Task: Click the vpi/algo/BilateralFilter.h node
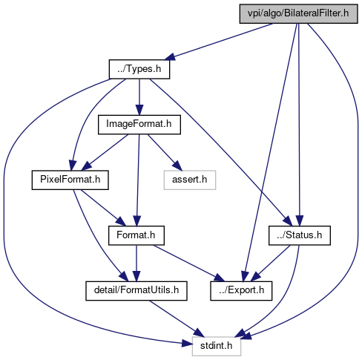click(x=298, y=14)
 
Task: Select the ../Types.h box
click(x=139, y=69)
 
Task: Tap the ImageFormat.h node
click(x=139, y=125)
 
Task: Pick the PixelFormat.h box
click(x=70, y=180)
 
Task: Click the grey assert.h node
click(x=190, y=180)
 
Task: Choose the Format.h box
click(x=136, y=235)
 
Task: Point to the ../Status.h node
click(x=300, y=235)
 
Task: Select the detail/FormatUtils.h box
click(x=136, y=291)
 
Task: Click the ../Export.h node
click(x=241, y=291)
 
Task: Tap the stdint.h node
click(x=217, y=346)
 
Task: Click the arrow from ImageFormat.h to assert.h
click(x=165, y=152)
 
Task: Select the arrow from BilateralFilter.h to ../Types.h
click(x=219, y=42)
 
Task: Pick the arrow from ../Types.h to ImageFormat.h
click(x=139, y=97)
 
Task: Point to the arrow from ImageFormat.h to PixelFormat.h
click(x=105, y=152)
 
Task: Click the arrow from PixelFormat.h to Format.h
click(x=103, y=208)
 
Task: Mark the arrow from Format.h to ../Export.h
click(x=189, y=264)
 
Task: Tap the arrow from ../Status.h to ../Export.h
click(x=270, y=264)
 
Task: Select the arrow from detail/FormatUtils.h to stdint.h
click(x=177, y=318)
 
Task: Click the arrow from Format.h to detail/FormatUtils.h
click(x=136, y=264)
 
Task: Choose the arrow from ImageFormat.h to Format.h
click(x=138, y=180)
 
